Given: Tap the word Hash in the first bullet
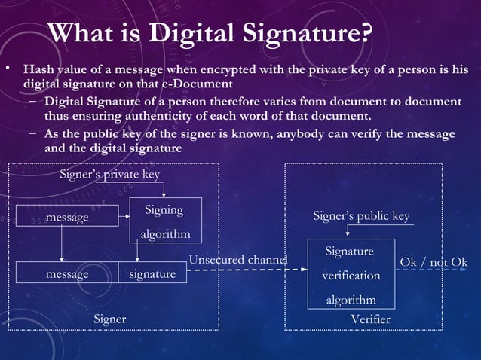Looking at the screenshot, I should tap(39, 70).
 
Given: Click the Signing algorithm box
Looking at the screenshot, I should tap(165, 221).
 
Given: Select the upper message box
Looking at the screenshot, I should tap(67, 217).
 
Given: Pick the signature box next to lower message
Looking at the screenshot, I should tap(152, 274).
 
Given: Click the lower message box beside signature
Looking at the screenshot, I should tap(67, 274).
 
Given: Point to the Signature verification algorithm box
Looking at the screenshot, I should tap(351, 275).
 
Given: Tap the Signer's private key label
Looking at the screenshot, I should tap(109, 175).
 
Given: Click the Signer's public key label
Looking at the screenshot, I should tap(361, 216).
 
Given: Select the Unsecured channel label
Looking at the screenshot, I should tap(237, 260).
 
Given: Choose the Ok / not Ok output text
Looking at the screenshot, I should tap(434, 261).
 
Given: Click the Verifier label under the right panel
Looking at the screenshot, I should tap(371, 319).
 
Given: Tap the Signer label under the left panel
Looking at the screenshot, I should tap(109, 319).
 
